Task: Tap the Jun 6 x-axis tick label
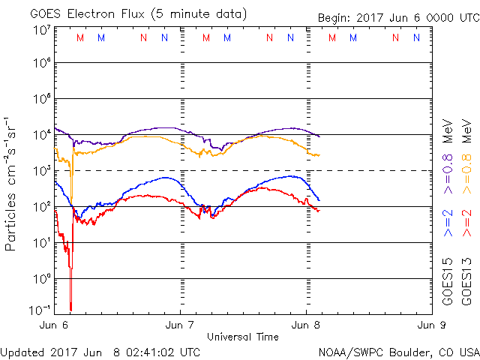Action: (x=55, y=325)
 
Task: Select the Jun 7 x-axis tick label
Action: (x=180, y=325)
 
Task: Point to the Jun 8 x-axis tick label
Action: (x=306, y=325)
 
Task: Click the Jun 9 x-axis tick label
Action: (x=431, y=325)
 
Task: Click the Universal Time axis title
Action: (x=242, y=337)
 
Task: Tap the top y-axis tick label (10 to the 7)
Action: (x=41, y=30)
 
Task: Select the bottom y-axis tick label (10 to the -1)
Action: (x=41, y=310)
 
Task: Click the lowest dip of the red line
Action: (x=70, y=308)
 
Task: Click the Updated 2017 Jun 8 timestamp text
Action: (x=100, y=351)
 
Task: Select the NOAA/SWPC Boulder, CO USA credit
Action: (x=398, y=351)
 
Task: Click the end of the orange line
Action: (x=320, y=155)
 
